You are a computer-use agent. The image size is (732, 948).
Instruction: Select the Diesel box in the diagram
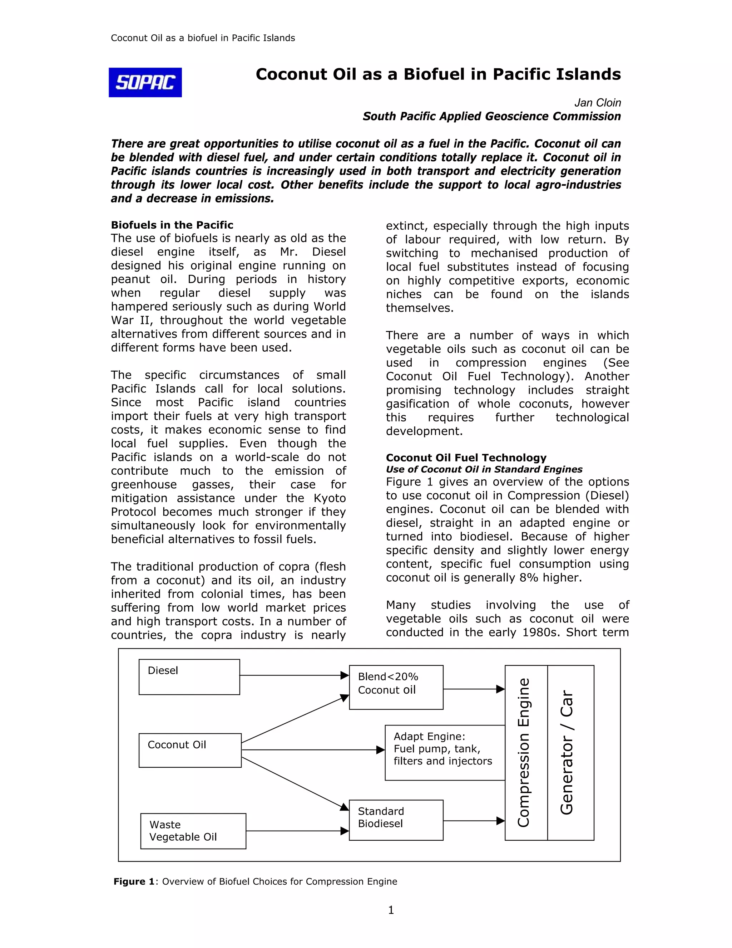point(189,677)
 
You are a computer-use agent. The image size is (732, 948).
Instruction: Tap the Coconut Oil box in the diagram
point(190,750)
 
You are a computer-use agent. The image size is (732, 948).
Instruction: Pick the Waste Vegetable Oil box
point(193,831)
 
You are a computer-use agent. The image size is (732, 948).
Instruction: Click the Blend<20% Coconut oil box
point(396,687)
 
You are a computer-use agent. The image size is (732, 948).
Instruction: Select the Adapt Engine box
point(445,753)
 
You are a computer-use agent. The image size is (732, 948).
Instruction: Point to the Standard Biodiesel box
point(396,820)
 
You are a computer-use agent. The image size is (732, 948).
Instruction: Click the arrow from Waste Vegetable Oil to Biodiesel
point(297,831)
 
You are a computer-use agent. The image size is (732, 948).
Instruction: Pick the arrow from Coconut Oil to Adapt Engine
point(312,749)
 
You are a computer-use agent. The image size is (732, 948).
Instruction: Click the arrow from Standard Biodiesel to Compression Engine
point(474,821)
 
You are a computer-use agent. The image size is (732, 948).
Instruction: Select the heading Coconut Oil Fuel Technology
point(466,458)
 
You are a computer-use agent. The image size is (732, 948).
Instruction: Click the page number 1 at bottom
point(391,910)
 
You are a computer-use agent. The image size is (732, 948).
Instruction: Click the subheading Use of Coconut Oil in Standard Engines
point(484,469)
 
